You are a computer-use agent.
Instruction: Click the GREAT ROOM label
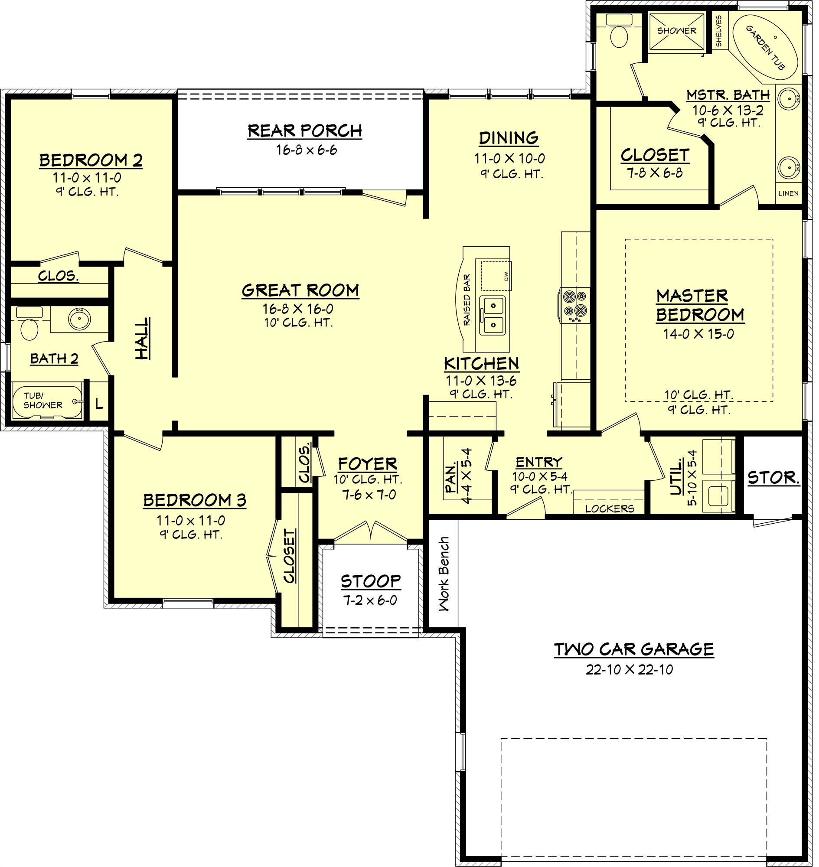click(x=300, y=290)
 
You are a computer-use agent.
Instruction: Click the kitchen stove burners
click(x=574, y=304)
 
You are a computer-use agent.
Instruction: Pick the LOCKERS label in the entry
click(x=610, y=508)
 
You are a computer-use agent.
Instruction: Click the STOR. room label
click(x=773, y=478)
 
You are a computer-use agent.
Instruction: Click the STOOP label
click(x=370, y=581)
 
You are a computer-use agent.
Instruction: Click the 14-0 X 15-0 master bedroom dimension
click(x=698, y=334)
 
